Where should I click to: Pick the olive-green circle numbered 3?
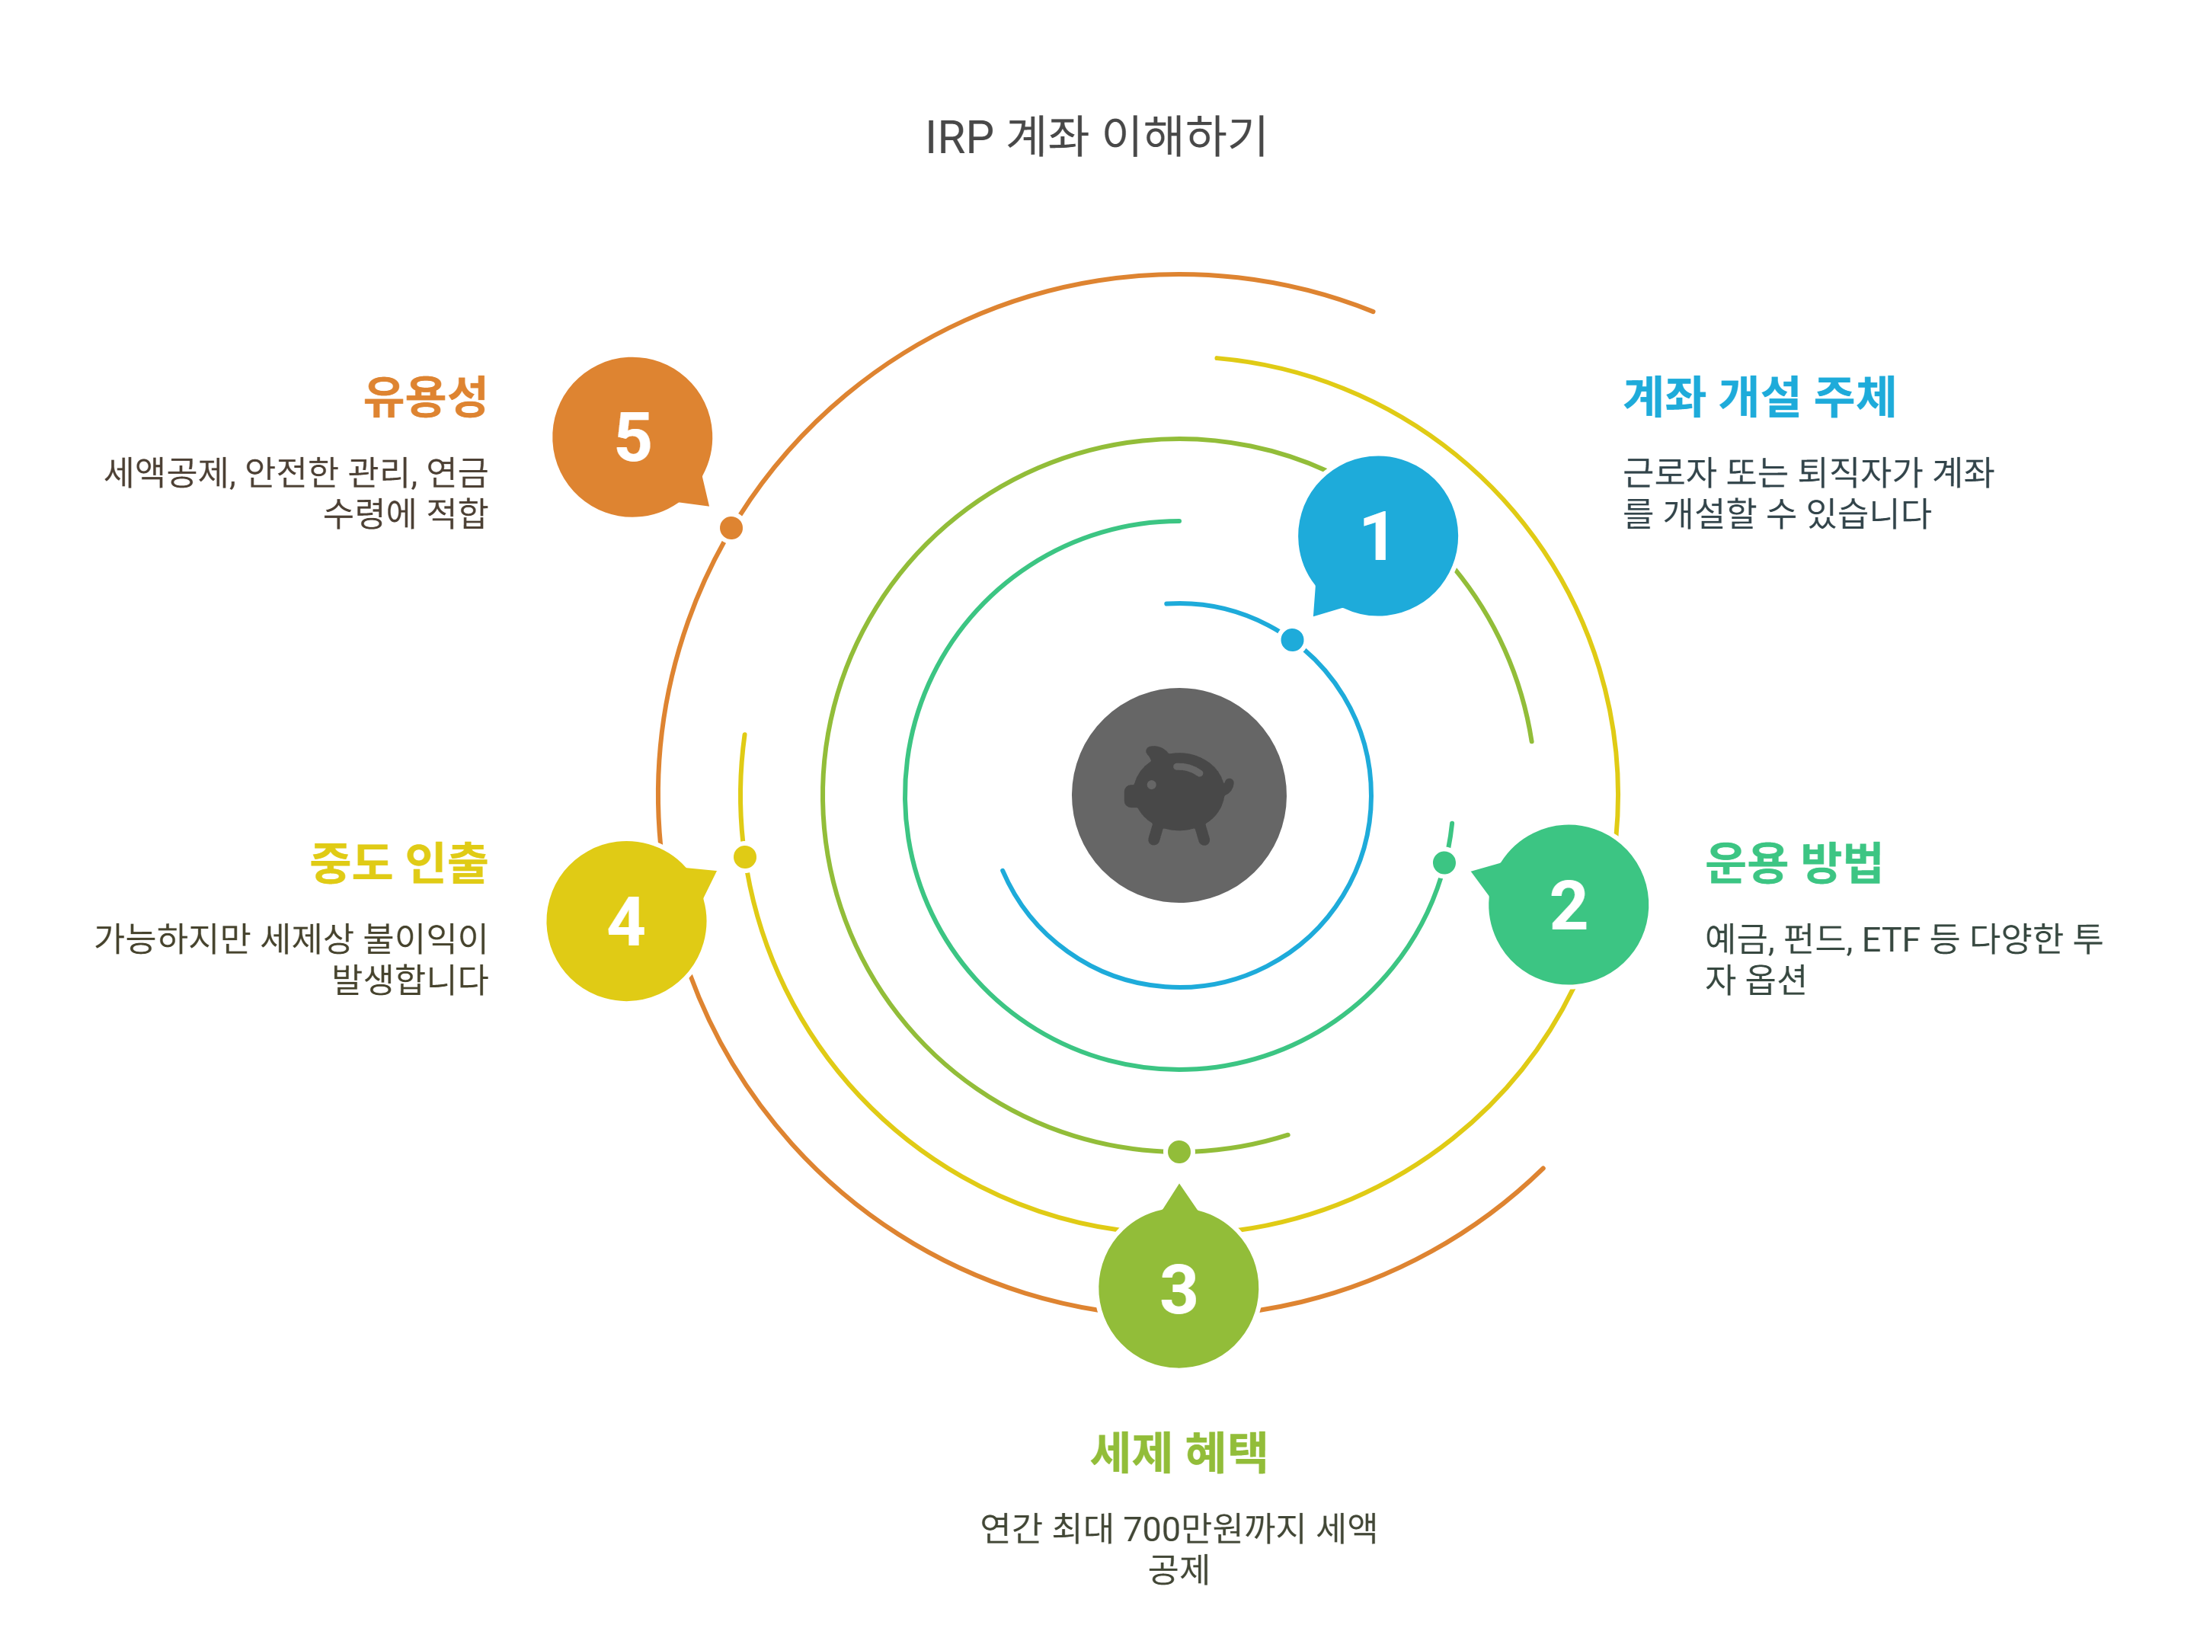tap(1179, 1289)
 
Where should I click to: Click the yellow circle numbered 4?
tap(626, 921)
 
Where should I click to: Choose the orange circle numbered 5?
tap(632, 437)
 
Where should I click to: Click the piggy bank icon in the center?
tap(1179, 795)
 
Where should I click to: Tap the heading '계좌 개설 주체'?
tap(1760, 397)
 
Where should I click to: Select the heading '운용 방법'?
tap(1793, 862)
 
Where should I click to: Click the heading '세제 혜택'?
tap(1179, 1451)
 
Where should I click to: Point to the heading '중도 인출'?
tap(398, 862)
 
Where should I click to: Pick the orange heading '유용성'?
tap(426, 397)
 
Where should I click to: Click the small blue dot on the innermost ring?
tap(1291, 640)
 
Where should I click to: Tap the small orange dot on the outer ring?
tap(731, 528)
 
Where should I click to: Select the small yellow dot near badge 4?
tap(745, 857)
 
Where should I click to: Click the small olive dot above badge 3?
tap(1179, 1152)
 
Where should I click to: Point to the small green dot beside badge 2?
tap(1444, 863)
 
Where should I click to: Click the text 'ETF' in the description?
tap(1891, 939)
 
